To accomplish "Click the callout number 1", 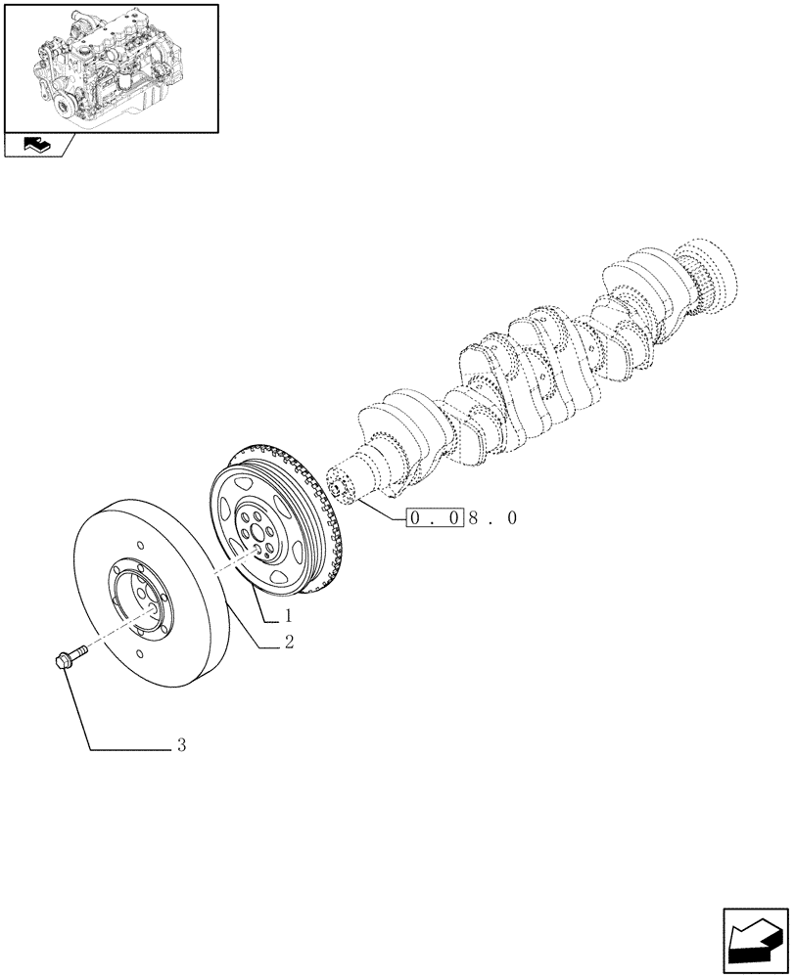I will pos(290,616).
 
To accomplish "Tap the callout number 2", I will pos(290,643).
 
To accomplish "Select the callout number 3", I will pos(181,745).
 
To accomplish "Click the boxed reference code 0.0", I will pos(434,518).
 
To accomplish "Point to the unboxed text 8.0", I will pos(492,518).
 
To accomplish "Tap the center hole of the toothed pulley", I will pos(257,533).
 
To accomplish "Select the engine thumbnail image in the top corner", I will pos(111,67).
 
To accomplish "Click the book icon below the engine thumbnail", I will pos(33,146).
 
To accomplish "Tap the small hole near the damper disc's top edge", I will pos(142,544).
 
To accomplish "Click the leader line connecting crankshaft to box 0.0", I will pos(382,511).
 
